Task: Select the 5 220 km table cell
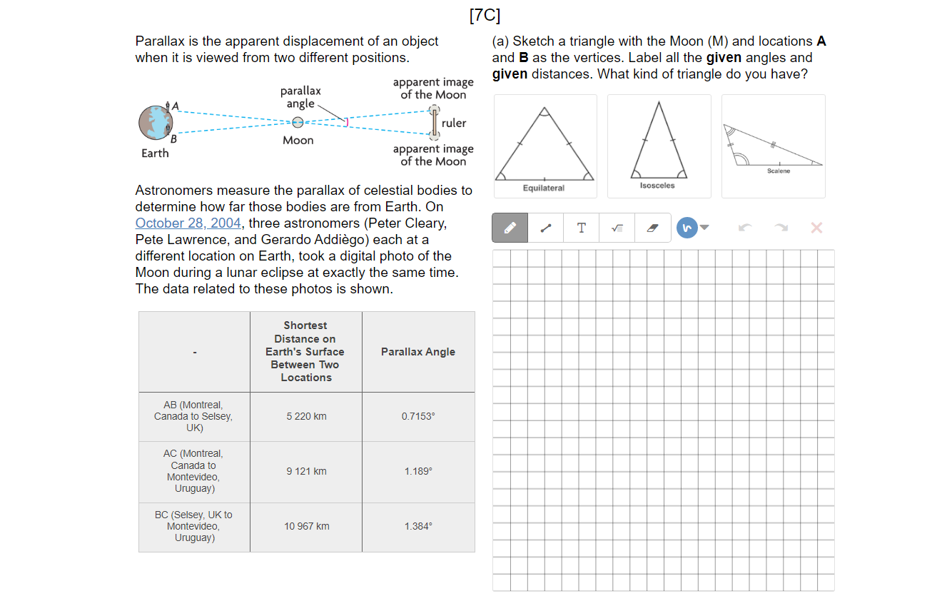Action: (x=306, y=416)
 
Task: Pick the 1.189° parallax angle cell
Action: (x=418, y=471)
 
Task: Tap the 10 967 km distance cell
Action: (x=306, y=526)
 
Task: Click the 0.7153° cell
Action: (x=418, y=416)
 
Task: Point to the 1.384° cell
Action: (x=418, y=526)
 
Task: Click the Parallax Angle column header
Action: (x=418, y=352)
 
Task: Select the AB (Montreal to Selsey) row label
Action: (x=193, y=416)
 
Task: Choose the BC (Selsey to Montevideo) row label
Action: (x=193, y=526)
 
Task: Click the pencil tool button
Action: (x=510, y=228)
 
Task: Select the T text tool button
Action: (x=582, y=228)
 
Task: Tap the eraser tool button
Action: (x=652, y=228)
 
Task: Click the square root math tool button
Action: (x=617, y=228)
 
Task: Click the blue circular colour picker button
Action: (x=687, y=228)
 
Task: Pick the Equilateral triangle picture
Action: (x=545, y=146)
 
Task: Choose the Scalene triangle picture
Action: (x=773, y=146)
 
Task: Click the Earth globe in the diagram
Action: (x=155, y=123)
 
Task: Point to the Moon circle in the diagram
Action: (x=298, y=123)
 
